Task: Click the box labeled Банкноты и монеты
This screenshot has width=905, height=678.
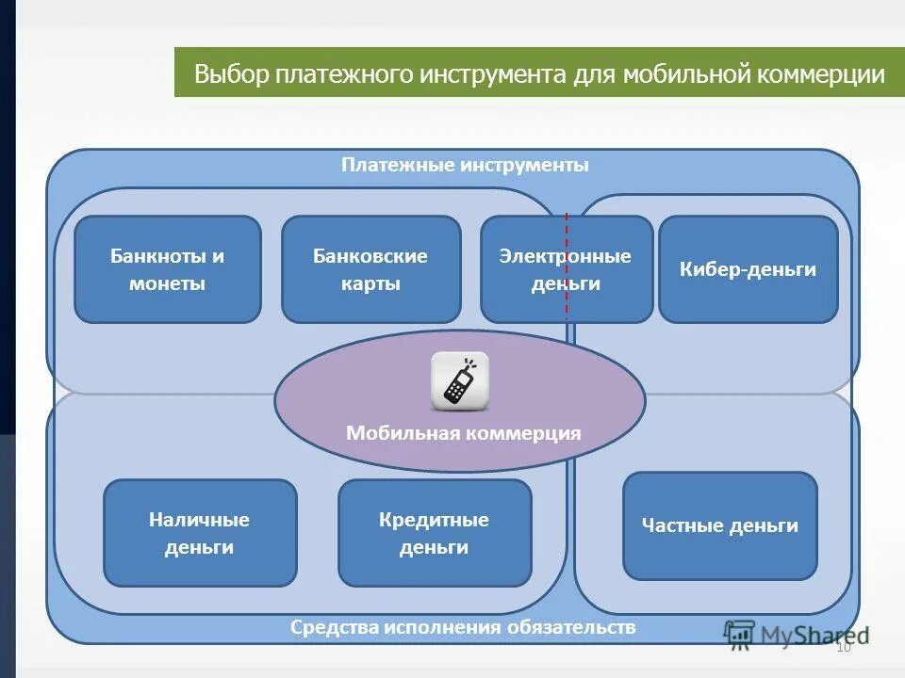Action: click(168, 269)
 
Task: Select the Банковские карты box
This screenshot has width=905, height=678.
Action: click(370, 269)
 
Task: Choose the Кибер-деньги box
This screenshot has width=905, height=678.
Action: click(748, 269)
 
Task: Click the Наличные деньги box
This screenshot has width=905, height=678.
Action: click(200, 533)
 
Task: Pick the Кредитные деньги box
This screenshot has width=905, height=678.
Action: click(435, 533)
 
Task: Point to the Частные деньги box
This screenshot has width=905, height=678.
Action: click(719, 525)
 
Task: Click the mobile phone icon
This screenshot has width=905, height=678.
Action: click(459, 381)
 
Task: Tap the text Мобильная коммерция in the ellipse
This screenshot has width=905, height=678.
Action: click(463, 433)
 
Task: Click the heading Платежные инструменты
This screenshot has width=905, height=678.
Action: click(465, 165)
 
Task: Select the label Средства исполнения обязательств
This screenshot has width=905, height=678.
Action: click(463, 627)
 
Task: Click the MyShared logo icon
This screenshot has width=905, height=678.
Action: click(740, 634)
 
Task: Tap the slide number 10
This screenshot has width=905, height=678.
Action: click(843, 647)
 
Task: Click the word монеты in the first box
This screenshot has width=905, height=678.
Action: click(168, 283)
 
